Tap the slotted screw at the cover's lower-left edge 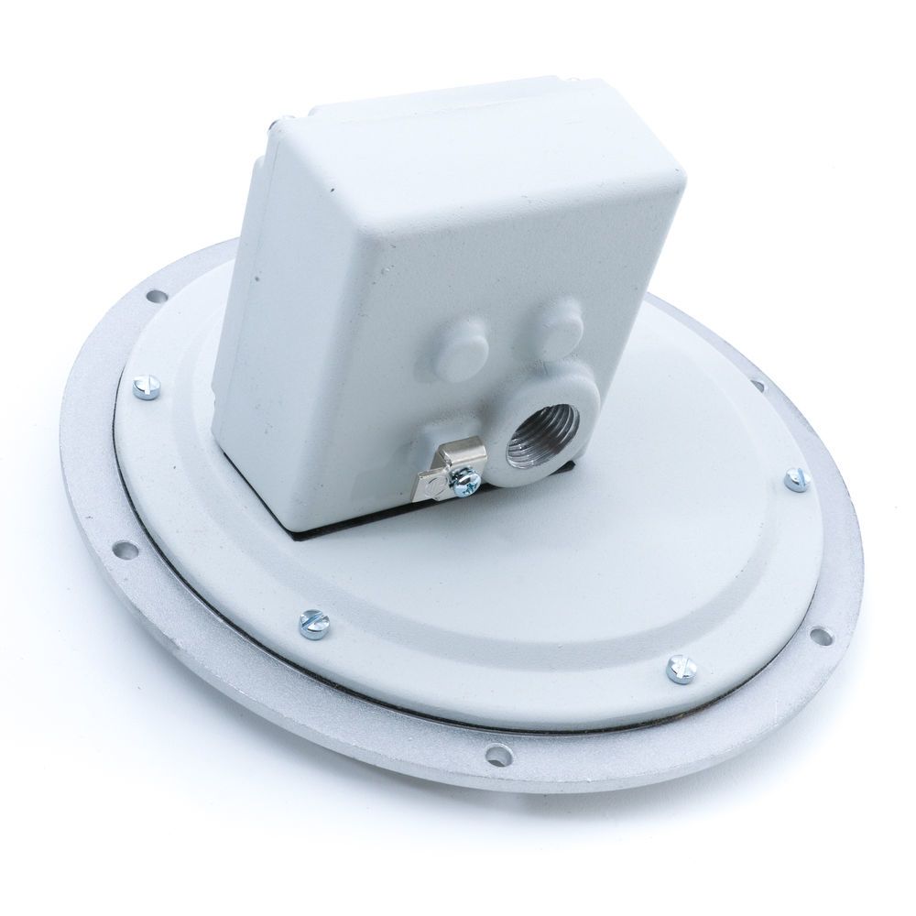(x=313, y=622)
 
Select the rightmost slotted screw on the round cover (x=797, y=477)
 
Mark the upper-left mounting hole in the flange (x=153, y=296)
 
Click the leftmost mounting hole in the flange (x=124, y=551)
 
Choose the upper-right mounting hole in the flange (x=758, y=384)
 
